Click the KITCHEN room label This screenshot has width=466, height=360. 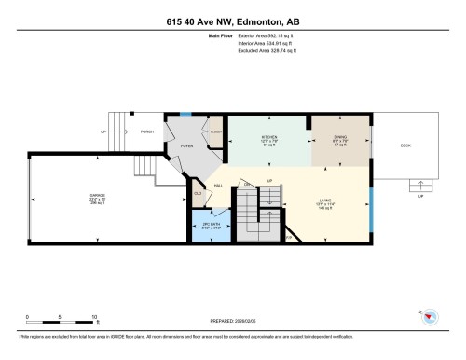pos(268,138)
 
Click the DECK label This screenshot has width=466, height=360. pos(405,145)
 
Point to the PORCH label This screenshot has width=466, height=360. pos(146,131)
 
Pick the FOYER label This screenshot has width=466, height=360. pos(186,145)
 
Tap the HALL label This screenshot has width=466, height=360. pos(218,187)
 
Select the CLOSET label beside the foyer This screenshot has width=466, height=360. pos(215,131)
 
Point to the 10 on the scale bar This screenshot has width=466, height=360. pos(94,318)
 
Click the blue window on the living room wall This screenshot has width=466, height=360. pos(370,212)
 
